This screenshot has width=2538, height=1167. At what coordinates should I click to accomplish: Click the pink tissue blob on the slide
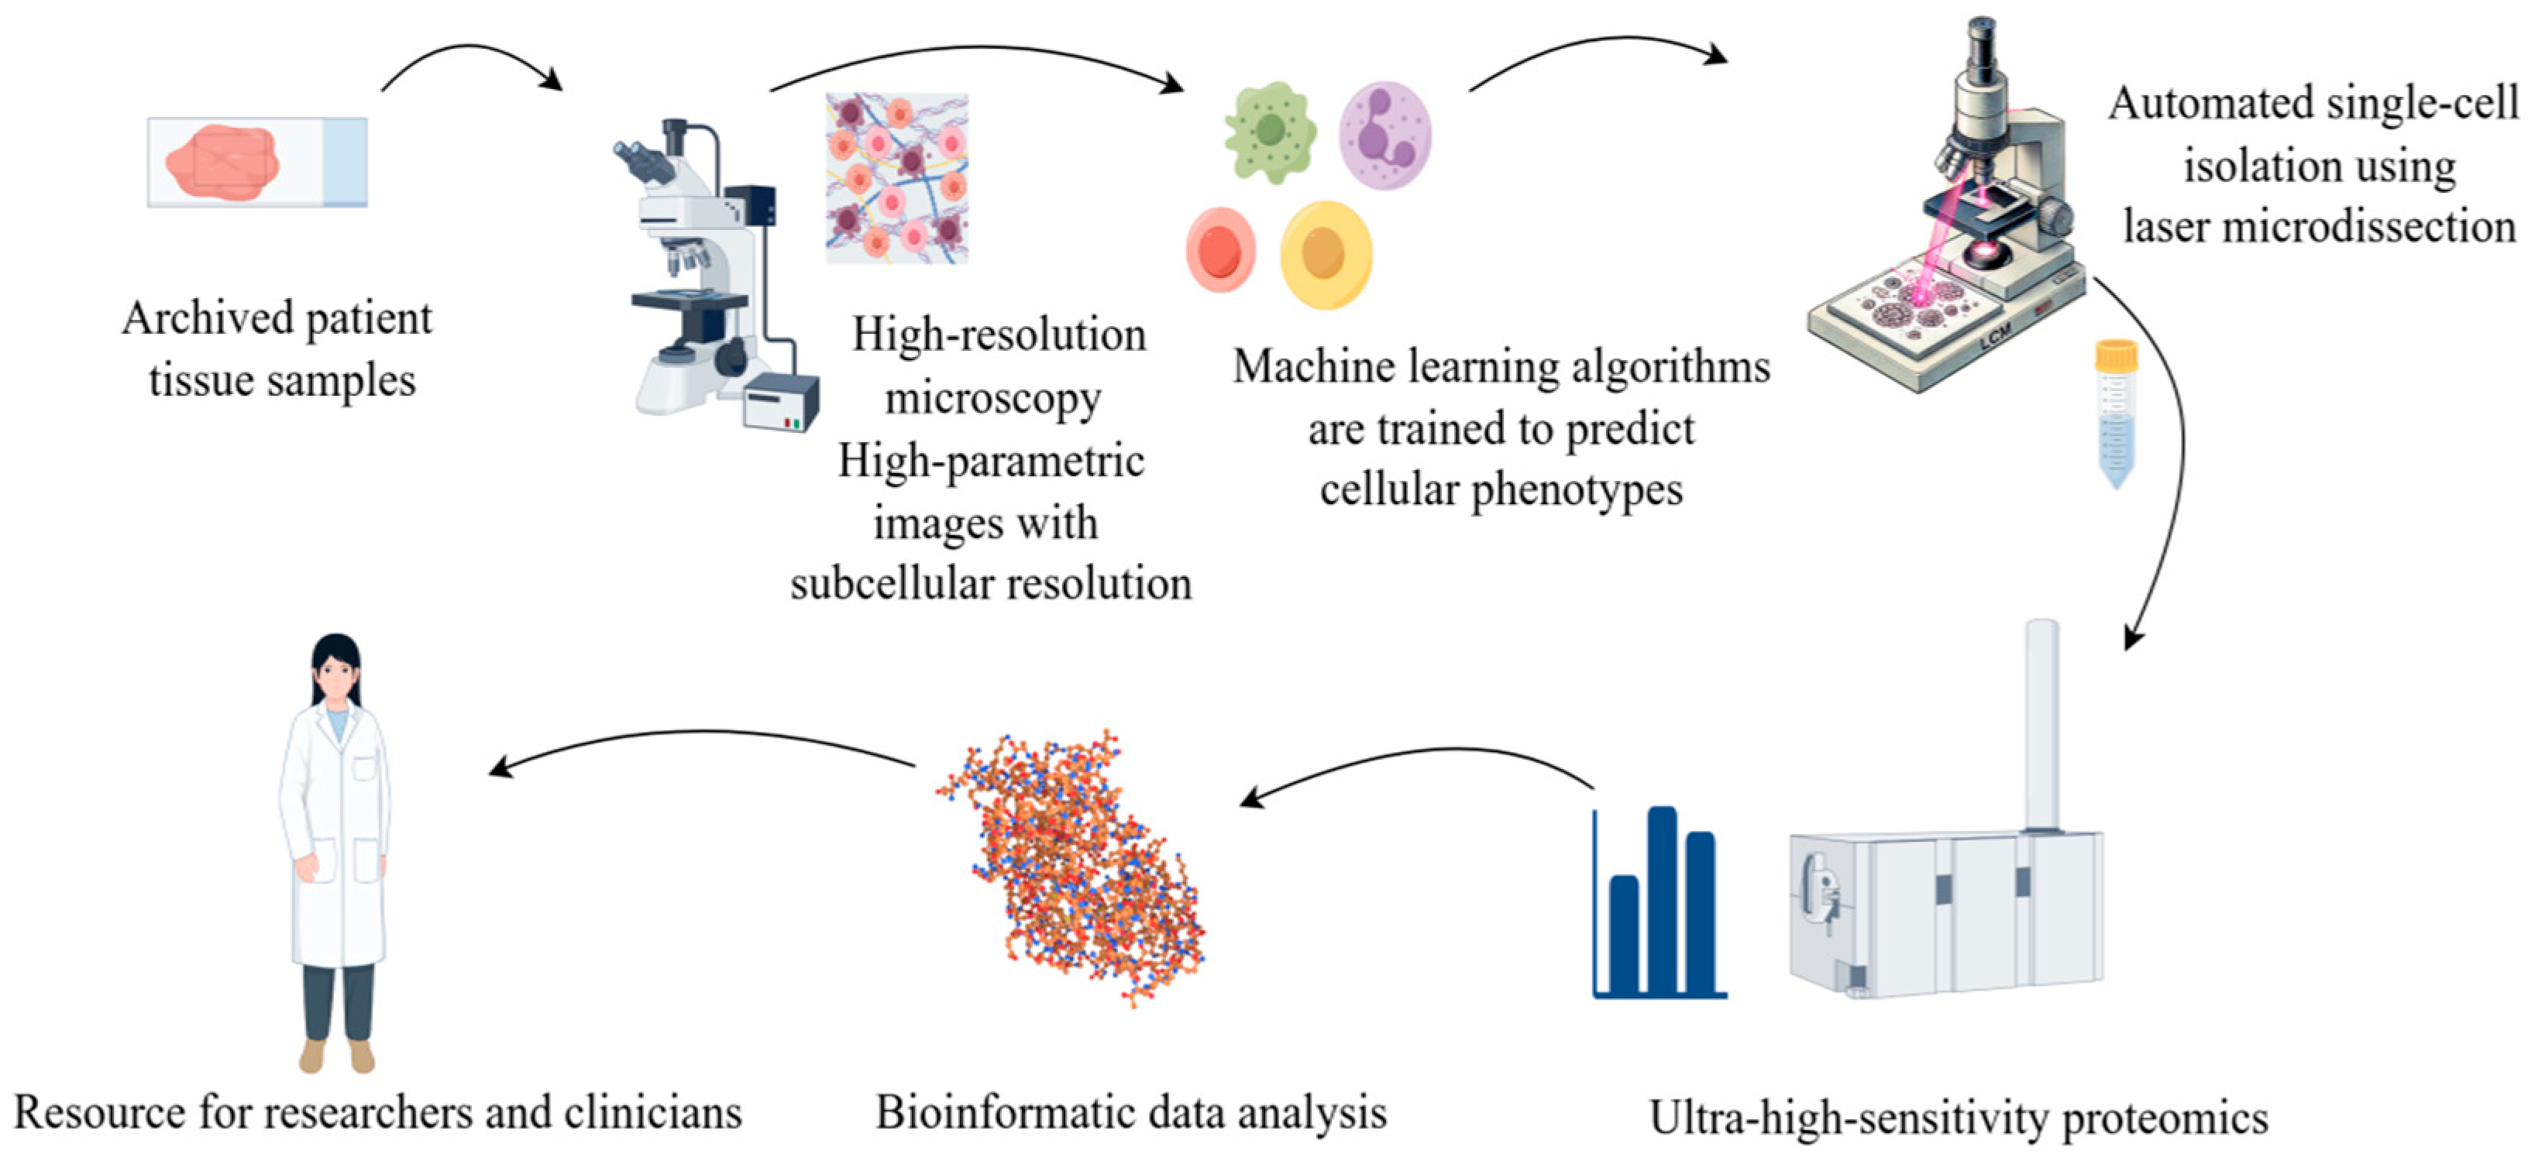point(222,163)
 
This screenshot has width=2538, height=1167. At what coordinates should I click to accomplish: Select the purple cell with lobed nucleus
point(1384,136)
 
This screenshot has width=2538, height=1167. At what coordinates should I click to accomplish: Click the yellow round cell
point(1325,254)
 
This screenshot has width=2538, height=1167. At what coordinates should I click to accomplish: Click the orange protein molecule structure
point(1074,867)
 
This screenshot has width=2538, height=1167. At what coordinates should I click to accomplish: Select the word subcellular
point(889,584)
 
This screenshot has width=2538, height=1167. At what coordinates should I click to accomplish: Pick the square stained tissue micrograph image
point(896,178)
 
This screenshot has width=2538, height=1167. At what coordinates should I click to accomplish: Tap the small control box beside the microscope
point(779,403)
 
